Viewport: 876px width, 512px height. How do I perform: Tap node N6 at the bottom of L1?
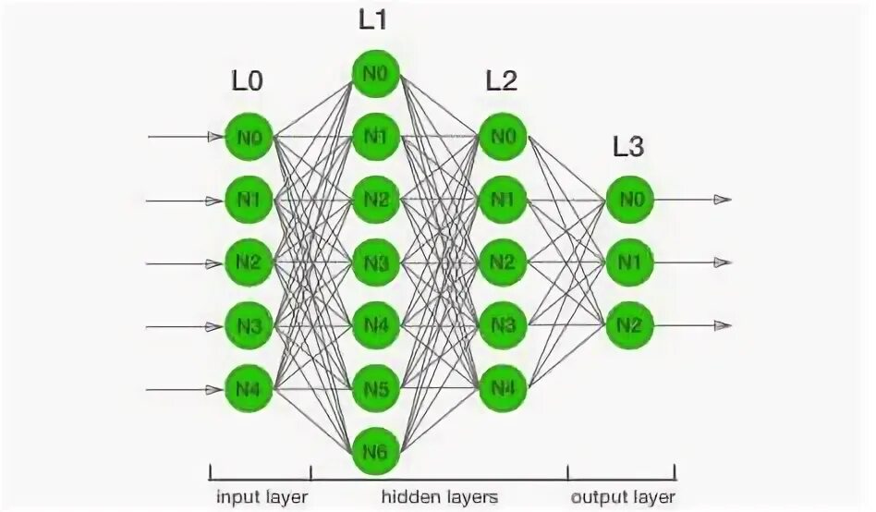[x=374, y=452]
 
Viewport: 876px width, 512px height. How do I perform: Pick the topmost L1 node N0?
[x=374, y=74]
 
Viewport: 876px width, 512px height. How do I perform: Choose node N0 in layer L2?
[x=502, y=137]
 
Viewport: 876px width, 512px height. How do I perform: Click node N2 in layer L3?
[x=629, y=325]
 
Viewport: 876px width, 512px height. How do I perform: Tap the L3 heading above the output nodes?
[x=629, y=145]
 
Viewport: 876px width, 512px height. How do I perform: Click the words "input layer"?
[x=262, y=496]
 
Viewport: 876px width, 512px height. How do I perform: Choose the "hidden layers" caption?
[x=440, y=496]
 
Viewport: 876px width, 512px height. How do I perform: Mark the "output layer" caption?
[x=621, y=496]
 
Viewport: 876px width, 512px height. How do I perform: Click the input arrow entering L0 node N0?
[x=185, y=137]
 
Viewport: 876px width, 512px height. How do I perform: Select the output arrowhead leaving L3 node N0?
[x=724, y=200]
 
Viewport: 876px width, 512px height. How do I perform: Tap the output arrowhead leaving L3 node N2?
[x=724, y=325]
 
